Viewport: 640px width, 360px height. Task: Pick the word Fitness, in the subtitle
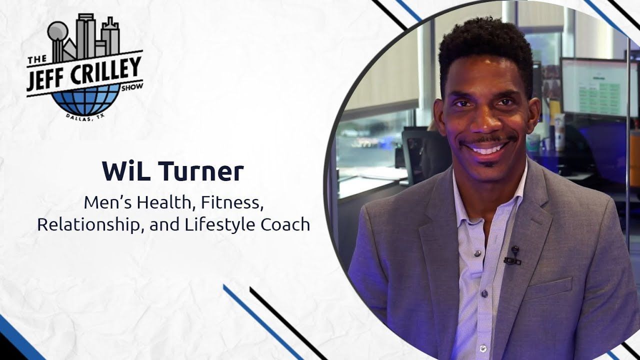click(232, 203)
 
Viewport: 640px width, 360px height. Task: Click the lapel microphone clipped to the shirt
click(513, 255)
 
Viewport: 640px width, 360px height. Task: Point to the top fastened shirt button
click(477, 253)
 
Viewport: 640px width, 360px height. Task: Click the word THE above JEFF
click(37, 60)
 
